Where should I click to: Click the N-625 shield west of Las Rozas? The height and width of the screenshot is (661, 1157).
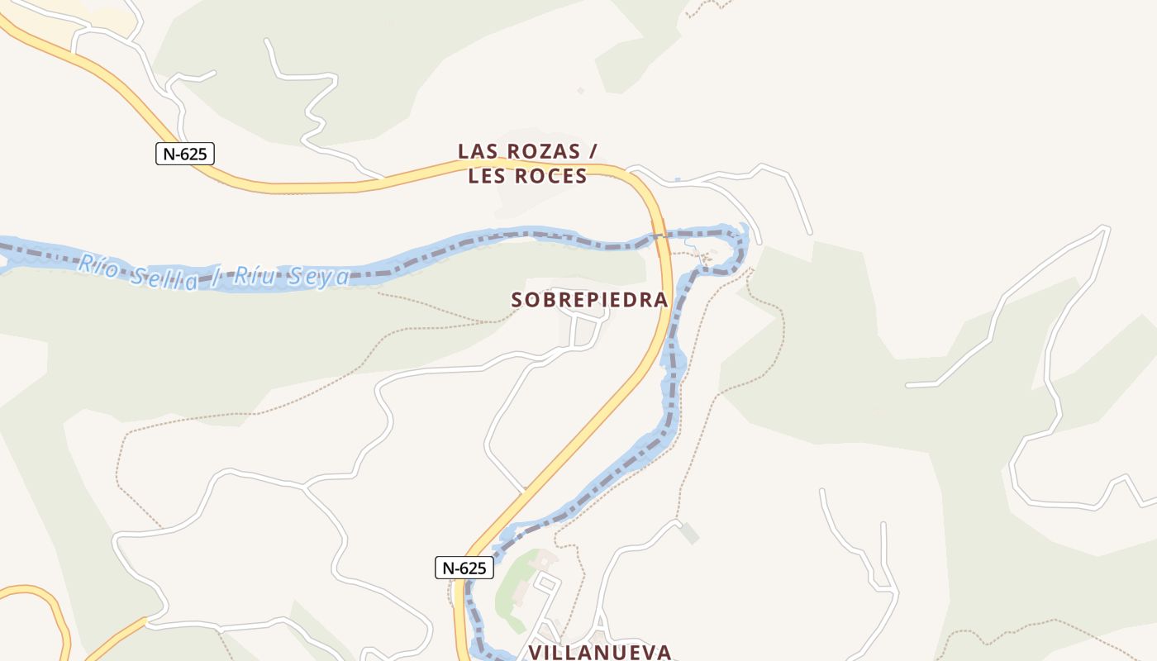[x=185, y=153]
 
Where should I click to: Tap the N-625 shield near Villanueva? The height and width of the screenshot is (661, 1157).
[x=464, y=568]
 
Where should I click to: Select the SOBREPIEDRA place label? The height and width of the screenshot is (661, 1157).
[x=589, y=300]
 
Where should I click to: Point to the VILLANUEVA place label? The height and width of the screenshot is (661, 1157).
[x=599, y=652]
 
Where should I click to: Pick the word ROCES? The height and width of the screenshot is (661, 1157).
[x=550, y=176]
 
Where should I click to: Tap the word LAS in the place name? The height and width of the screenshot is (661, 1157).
[x=476, y=151]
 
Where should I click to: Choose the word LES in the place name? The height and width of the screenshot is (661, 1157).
[x=486, y=176]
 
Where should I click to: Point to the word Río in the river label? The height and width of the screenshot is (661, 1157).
[x=96, y=265]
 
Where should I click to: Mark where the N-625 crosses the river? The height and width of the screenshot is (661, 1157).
[x=659, y=238]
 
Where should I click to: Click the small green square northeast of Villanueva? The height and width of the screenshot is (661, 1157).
[x=689, y=533]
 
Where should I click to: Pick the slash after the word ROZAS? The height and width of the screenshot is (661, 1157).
[x=592, y=151]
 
